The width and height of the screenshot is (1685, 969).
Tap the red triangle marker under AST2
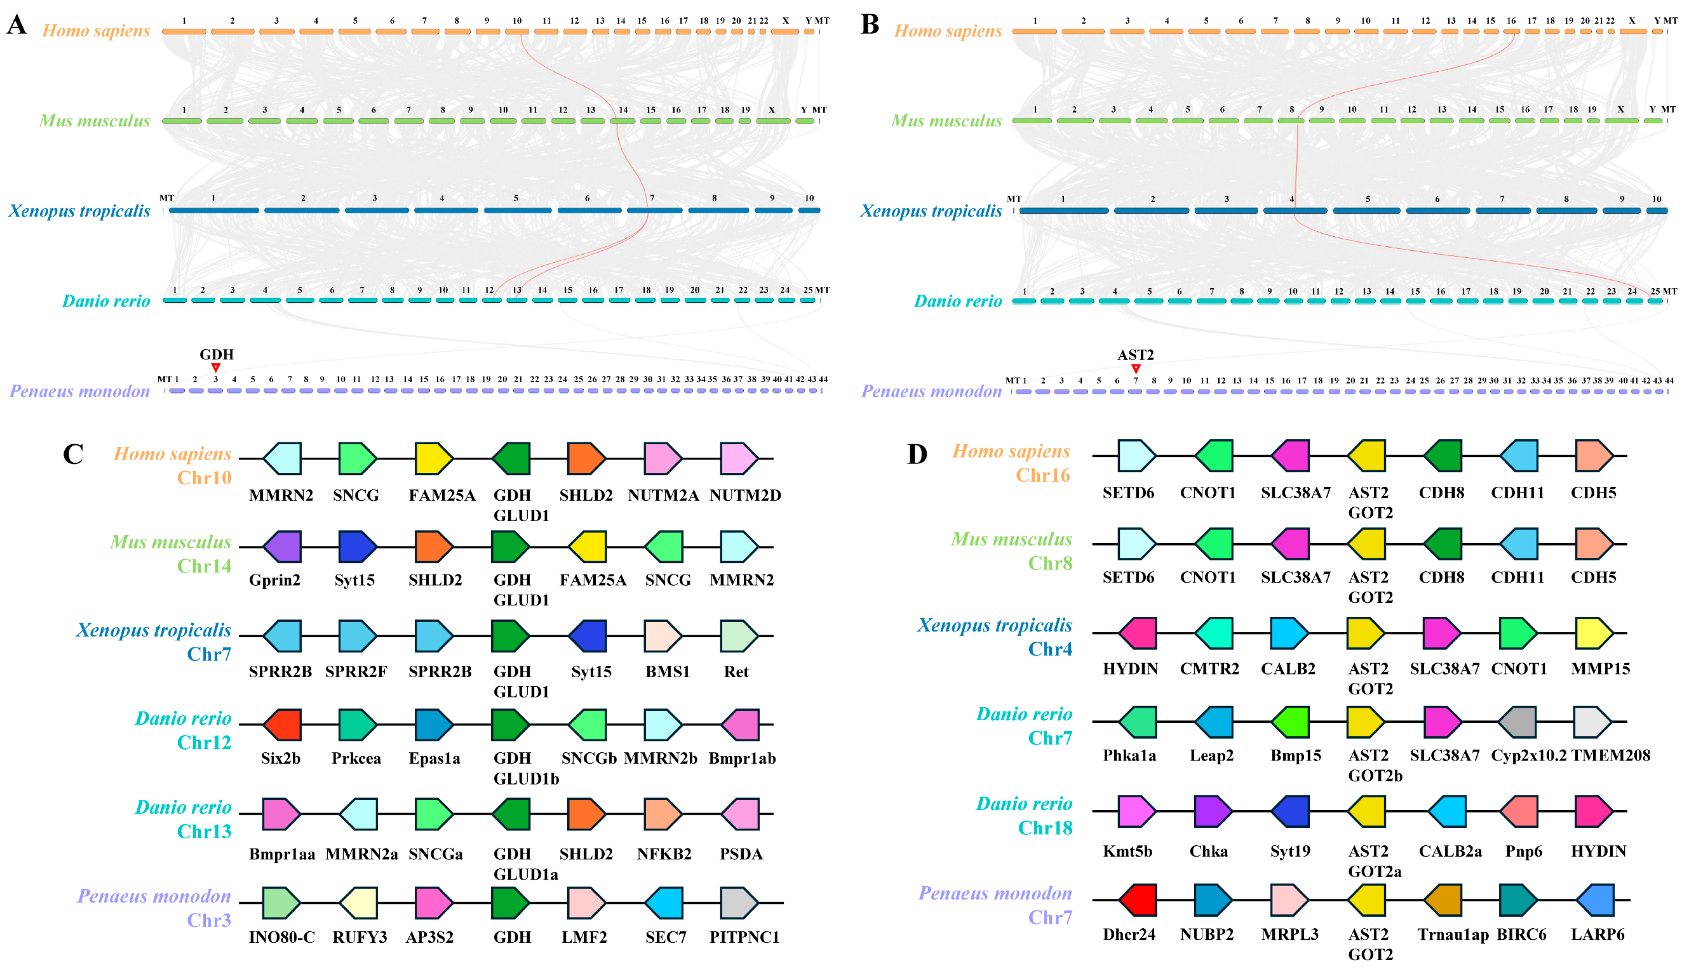pyautogui.click(x=1136, y=368)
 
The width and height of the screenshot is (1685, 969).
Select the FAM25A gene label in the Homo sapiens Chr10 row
pyautogui.click(x=442, y=495)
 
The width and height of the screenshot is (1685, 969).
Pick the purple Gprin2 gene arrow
pyautogui.click(x=282, y=546)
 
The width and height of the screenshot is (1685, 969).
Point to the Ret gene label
pyautogui.click(x=736, y=672)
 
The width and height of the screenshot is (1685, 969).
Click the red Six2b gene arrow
pyautogui.click(x=282, y=724)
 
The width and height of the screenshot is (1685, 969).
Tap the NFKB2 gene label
pyautogui.click(x=664, y=854)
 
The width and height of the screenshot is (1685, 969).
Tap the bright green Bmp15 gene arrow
pyautogui.click(x=1290, y=722)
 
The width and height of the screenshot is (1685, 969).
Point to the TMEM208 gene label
pyautogui.click(x=1611, y=756)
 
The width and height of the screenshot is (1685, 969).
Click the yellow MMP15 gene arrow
pyautogui.click(x=1594, y=632)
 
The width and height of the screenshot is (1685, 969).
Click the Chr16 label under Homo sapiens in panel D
pyautogui.click(x=1043, y=475)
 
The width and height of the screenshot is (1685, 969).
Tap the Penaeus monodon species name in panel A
pyautogui.click(x=80, y=391)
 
